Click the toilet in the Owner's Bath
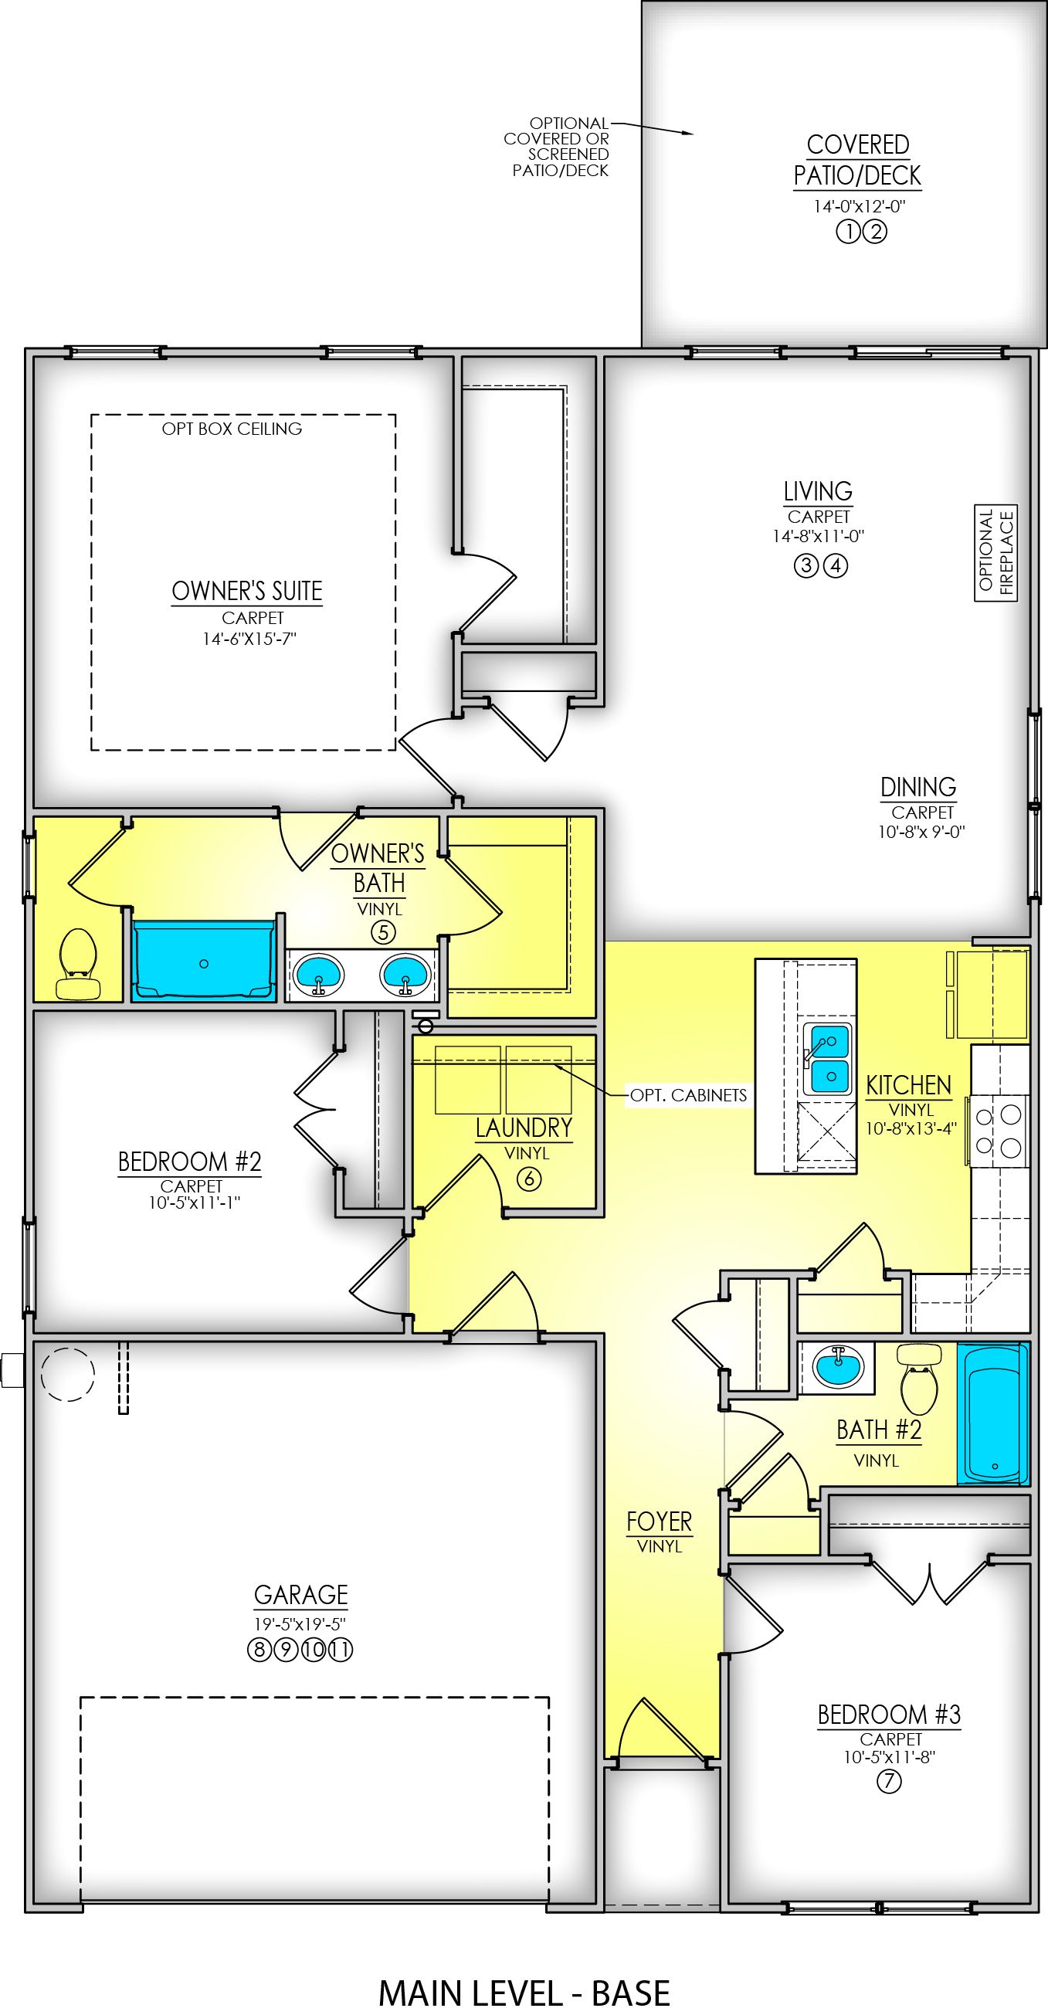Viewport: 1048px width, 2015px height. click(78, 963)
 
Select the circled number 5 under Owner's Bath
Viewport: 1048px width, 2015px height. click(383, 932)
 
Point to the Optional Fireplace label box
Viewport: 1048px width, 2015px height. click(995, 552)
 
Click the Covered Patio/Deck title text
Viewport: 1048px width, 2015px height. click(857, 161)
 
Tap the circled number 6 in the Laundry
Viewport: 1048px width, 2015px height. click(529, 1179)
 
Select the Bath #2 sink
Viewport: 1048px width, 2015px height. click(838, 1368)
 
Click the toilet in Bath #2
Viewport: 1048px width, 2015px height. click(919, 1381)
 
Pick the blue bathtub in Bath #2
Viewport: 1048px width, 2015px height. click(992, 1413)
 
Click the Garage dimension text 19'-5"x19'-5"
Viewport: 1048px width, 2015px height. click(300, 1624)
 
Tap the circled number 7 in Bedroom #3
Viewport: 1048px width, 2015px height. click(889, 1782)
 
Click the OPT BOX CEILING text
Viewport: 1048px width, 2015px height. click(232, 429)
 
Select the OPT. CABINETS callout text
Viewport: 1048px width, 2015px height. click(688, 1095)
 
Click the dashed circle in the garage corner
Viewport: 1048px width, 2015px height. click(67, 1372)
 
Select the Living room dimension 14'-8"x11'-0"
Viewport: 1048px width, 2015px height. click(818, 537)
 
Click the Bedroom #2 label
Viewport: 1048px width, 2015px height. click(189, 1162)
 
